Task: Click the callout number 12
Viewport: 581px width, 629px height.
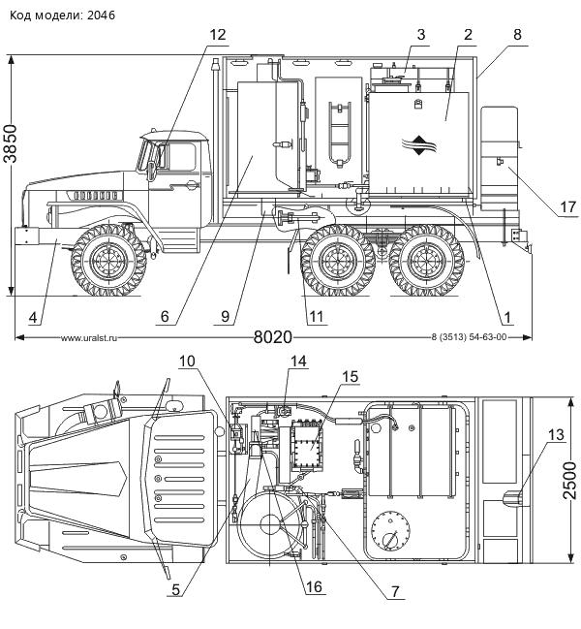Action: click(x=218, y=35)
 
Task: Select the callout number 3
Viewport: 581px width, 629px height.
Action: click(x=420, y=35)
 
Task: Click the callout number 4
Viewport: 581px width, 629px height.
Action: click(x=33, y=316)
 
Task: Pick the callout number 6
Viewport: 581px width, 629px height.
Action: click(x=165, y=316)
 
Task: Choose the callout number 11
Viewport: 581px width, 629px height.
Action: click(x=314, y=317)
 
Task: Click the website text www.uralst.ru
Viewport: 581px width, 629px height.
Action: click(x=88, y=338)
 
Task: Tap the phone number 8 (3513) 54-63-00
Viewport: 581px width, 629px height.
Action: click(x=468, y=338)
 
